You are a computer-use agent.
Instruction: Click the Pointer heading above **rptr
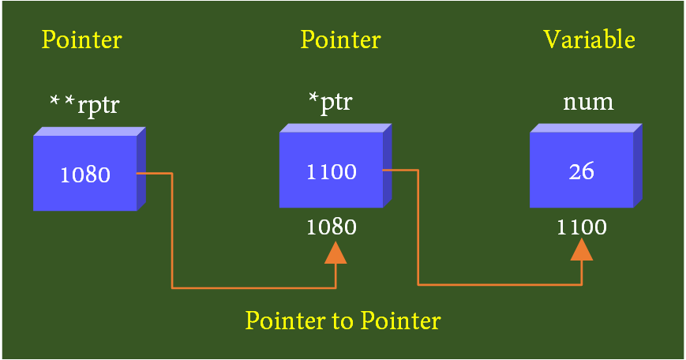click(82, 39)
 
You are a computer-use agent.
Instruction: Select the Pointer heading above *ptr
click(340, 39)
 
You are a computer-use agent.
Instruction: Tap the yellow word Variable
click(589, 39)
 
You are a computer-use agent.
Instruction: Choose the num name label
click(588, 103)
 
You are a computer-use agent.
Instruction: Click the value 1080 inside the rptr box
click(85, 174)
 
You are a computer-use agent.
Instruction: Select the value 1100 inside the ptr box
click(331, 171)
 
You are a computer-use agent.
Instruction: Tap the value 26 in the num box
click(581, 171)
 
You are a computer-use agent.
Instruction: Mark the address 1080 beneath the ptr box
click(331, 227)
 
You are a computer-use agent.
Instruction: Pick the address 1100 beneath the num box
click(582, 227)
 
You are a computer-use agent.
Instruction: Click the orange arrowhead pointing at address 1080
click(336, 253)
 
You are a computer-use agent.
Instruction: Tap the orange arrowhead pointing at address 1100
click(582, 249)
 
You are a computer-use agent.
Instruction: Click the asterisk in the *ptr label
click(313, 99)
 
